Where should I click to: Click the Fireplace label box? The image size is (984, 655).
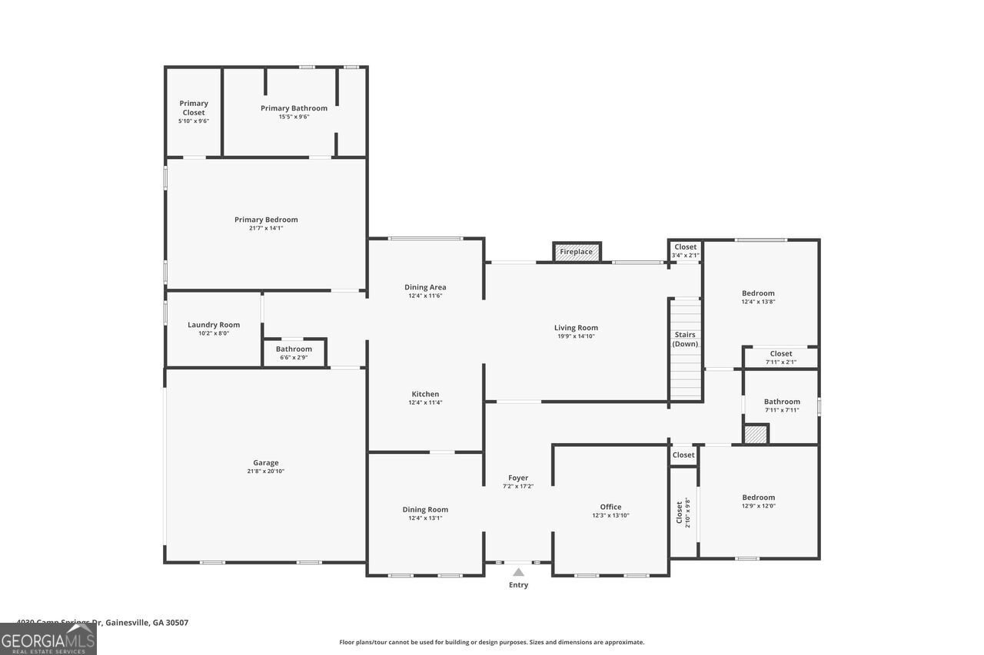[x=577, y=252]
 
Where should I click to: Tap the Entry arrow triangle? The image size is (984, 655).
[x=519, y=572]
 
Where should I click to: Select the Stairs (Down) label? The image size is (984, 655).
[x=685, y=339]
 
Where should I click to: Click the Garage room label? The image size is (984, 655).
[x=266, y=463]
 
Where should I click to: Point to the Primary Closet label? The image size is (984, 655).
[x=194, y=108]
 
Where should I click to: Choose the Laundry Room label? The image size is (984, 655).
[x=214, y=325]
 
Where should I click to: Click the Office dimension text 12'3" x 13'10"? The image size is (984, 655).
[x=610, y=516]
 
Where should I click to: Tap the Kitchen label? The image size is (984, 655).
[x=425, y=394]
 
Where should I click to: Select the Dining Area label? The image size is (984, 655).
[x=425, y=287]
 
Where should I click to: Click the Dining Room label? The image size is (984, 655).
[x=425, y=509]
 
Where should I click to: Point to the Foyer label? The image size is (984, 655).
[x=518, y=478]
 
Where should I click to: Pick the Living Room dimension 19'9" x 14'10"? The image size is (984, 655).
[x=576, y=336]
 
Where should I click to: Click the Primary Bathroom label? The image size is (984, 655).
[x=294, y=108]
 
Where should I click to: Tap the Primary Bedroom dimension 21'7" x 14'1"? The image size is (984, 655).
[x=266, y=228]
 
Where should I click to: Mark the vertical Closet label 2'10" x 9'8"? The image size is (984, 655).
[x=683, y=512]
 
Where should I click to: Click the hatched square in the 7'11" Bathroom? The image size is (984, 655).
[x=756, y=434]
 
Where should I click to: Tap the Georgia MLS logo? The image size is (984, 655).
[x=48, y=639]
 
